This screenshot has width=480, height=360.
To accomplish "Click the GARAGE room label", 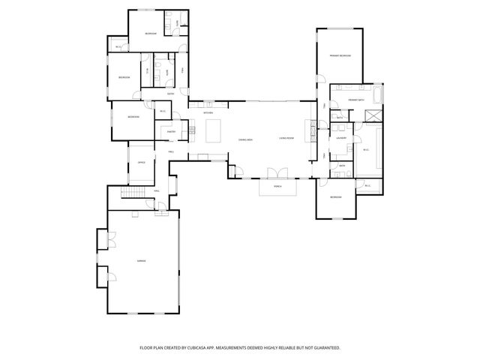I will (x=140, y=260).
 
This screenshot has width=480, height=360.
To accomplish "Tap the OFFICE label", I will (x=140, y=162).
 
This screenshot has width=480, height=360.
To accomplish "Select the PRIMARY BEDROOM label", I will (x=340, y=56).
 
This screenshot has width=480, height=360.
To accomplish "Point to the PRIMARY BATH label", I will (x=356, y=99).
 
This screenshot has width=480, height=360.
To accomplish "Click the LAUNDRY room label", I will (x=340, y=138).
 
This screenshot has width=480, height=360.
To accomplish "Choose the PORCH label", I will (x=277, y=186).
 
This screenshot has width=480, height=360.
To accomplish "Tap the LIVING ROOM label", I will (x=286, y=139).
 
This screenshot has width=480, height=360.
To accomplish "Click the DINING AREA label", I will (x=244, y=140).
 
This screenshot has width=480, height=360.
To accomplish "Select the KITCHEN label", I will (x=208, y=113).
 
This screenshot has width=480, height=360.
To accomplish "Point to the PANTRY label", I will (x=171, y=131).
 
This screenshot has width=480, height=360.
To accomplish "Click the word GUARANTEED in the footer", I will (x=325, y=348).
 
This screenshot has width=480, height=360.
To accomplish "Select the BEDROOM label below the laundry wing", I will (x=335, y=196).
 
